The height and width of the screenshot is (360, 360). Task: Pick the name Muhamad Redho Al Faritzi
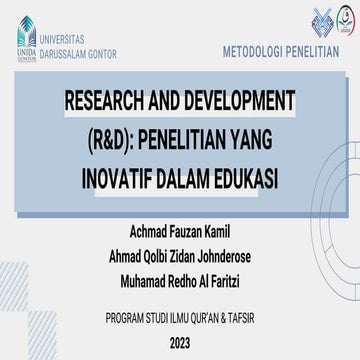pos(180,275)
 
